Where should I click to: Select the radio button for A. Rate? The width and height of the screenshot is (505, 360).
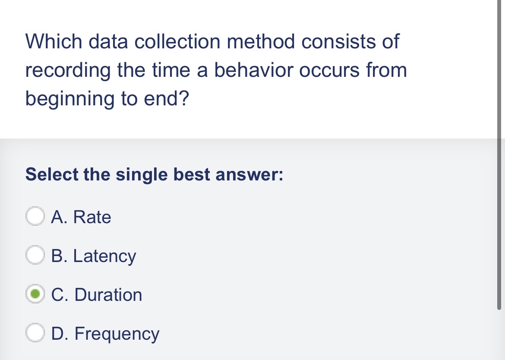(x=35, y=217)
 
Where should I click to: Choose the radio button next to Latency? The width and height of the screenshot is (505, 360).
(x=35, y=256)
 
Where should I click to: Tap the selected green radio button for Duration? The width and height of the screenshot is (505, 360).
(x=35, y=295)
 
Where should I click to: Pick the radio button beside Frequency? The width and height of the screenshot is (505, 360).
(x=35, y=334)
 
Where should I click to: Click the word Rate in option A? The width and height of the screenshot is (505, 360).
(x=92, y=217)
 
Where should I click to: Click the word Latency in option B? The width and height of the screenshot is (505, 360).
(x=104, y=256)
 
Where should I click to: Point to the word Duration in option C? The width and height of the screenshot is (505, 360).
(x=108, y=295)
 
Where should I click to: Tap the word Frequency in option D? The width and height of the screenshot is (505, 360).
(x=117, y=334)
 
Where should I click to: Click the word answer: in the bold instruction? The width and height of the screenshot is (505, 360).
(x=249, y=175)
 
